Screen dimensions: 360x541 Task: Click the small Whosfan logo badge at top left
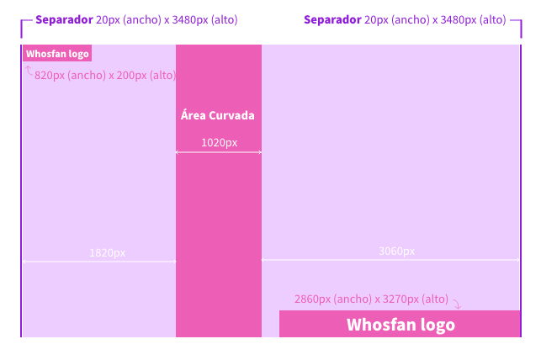[x=57, y=54]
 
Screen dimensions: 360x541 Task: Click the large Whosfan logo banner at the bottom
[x=400, y=324]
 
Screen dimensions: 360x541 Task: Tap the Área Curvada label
[x=218, y=115]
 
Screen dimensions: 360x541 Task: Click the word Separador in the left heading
[x=64, y=19]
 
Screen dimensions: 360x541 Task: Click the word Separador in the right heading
[x=332, y=19]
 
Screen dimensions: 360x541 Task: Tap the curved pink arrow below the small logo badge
[x=29, y=71]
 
